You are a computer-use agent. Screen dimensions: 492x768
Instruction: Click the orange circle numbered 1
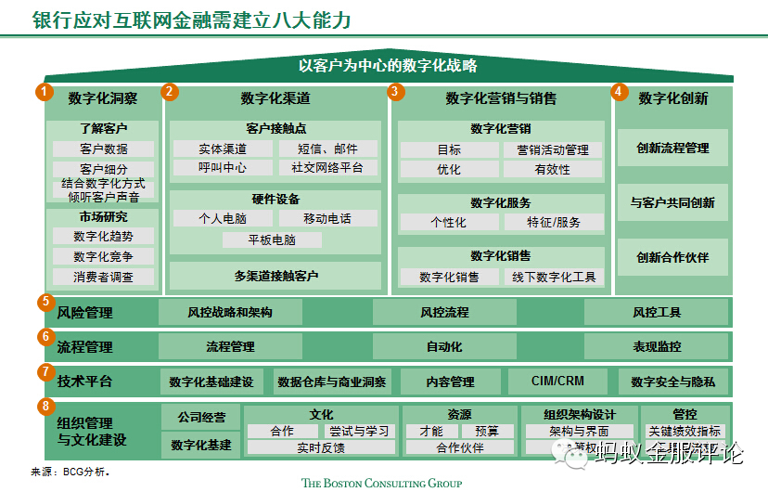43,91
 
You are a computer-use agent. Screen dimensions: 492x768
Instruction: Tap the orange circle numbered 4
619,92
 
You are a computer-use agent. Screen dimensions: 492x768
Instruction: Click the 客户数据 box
104,149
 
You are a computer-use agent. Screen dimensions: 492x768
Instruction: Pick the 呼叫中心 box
223,168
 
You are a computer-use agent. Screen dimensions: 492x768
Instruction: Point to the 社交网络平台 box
328,168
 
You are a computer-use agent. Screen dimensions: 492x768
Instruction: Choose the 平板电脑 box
273,240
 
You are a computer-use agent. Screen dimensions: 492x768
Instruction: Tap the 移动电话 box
327,218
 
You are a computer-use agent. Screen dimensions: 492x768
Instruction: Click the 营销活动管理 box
553,149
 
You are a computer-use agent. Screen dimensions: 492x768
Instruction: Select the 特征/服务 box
553,222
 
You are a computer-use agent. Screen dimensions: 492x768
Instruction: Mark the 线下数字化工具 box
553,277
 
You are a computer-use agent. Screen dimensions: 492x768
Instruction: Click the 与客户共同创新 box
672,202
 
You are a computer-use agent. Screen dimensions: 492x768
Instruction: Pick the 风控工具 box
657,312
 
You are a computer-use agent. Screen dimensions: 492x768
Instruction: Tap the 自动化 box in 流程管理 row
443,346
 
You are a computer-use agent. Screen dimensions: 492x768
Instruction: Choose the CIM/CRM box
557,381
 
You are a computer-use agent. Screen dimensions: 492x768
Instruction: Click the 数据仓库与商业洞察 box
332,382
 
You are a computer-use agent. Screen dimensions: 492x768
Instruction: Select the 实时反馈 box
321,447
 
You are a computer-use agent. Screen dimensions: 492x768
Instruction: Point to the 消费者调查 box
104,277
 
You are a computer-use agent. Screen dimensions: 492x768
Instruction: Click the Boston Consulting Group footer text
381,483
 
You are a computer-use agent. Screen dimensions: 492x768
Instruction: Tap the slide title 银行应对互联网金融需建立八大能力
191,20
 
